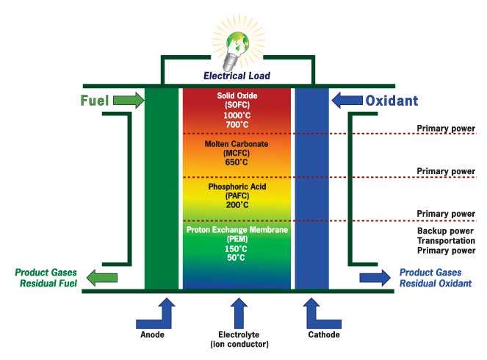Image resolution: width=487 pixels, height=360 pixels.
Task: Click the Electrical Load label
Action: coord(237,75)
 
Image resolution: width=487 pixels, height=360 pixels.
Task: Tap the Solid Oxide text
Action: coord(237,96)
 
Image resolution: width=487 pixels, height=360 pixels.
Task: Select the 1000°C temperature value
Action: coord(237,116)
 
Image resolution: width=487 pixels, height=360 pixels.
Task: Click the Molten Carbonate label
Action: coord(237,145)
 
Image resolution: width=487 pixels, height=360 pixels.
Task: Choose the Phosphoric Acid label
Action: coord(237,187)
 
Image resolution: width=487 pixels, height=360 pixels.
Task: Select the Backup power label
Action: coord(441,231)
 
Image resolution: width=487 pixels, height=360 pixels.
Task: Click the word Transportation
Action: coord(441,241)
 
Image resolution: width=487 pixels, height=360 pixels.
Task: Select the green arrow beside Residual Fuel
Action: coord(101,277)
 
